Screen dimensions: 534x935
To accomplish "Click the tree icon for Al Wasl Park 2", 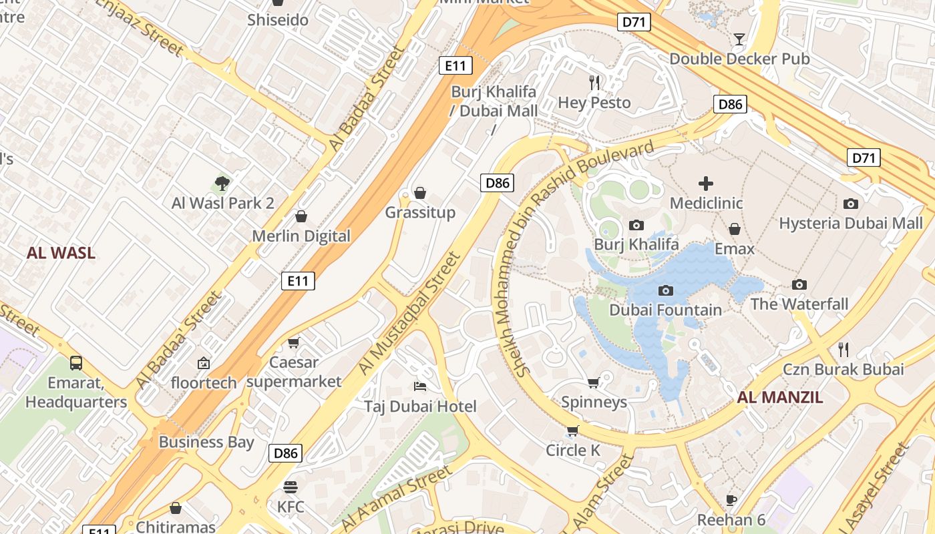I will tap(222, 183).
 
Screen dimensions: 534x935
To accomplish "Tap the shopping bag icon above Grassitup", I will tap(420, 193).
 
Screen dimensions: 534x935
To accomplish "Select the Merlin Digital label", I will tap(301, 236).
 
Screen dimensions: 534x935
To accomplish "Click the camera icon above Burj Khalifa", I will tap(636, 225).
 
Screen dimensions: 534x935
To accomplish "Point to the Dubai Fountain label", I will tap(665, 310).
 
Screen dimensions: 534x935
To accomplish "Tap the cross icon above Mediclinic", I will tap(706, 183).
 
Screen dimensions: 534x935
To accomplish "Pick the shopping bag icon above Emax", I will tap(735, 229).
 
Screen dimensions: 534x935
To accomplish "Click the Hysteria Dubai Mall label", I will tap(850, 223).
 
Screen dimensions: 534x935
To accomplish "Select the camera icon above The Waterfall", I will tap(799, 284).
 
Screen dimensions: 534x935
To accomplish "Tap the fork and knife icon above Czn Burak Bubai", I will tap(844, 349).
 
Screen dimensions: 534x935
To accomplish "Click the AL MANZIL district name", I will tap(779, 398).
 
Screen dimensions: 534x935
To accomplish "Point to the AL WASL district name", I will tap(61, 253).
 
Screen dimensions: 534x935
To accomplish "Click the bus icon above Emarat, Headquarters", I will tap(76, 363).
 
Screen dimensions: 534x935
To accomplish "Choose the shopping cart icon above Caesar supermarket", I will tap(293, 343).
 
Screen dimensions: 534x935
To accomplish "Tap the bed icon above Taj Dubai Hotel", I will tap(420, 386).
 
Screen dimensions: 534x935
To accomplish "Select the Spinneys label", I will tap(594, 402).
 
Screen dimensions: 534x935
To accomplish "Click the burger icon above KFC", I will tap(291, 487).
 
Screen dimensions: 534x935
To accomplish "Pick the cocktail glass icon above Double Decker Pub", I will tap(739, 39).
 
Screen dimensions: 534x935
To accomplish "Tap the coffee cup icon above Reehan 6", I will tap(731, 500).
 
